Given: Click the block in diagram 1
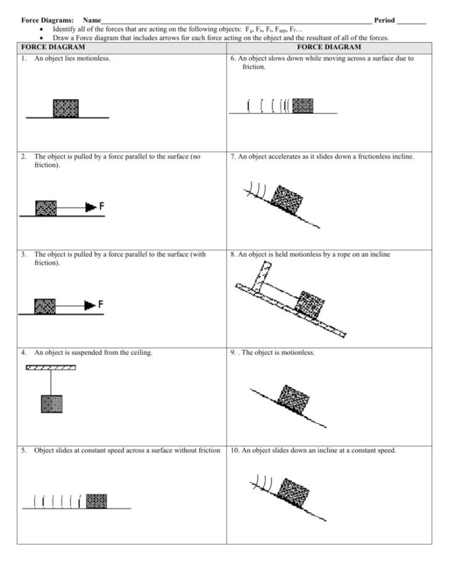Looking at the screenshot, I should click(65, 108).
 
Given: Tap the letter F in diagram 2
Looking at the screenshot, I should click(101, 207).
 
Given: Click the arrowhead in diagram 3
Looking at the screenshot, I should click(91, 305).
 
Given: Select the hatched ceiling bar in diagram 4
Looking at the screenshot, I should click(51, 368).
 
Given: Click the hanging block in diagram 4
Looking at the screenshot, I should click(51, 403).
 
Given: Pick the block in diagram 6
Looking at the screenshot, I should click(302, 105).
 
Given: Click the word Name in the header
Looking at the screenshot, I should click(91, 20).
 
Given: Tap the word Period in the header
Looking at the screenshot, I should click(384, 20).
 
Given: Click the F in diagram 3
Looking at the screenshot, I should click(101, 305).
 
